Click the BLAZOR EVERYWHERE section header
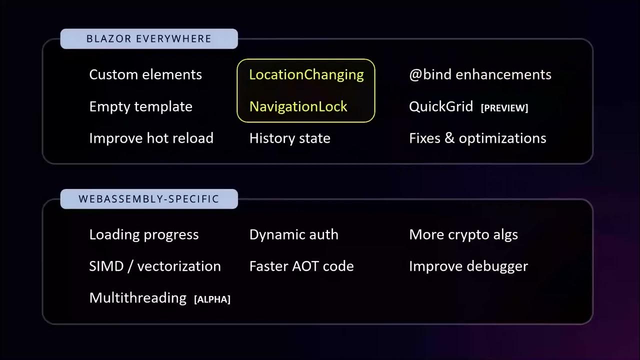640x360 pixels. (x=149, y=39)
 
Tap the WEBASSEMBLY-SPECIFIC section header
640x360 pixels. (x=149, y=199)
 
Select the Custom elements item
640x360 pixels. (x=145, y=74)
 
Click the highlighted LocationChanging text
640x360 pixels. (x=306, y=74)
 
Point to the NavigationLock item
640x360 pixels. (x=298, y=106)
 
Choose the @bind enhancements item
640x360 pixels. (x=480, y=74)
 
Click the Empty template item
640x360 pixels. (x=140, y=106)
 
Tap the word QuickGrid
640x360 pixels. (x=441, y=106)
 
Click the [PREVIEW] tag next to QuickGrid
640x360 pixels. (x=504, y=108)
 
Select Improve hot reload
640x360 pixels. (x=151, y=138)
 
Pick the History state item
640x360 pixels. (x=290, y=138)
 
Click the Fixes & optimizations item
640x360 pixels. (x=477, y=138)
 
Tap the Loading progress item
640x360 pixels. (x=144, y=234)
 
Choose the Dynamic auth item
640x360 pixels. (x=294, y=234)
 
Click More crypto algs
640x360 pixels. (x=463, y=234)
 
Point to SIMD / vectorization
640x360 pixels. (x=155, y=266)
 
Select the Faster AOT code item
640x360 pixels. (x=301, y=266)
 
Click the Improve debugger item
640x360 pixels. (x=468, y=266)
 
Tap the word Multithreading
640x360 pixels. (x=137, y=297)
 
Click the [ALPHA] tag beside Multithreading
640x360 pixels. (x=212, y=299)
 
